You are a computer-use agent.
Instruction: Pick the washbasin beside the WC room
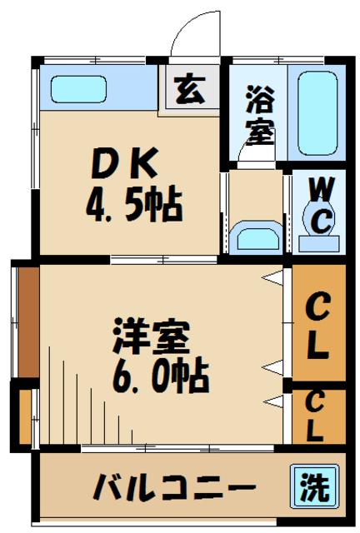point(257,237)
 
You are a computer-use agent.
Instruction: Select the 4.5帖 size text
point(133,204)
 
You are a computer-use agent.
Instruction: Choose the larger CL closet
point(316,323)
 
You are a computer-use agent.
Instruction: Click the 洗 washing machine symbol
point(315,486)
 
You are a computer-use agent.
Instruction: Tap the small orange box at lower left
point(25,414)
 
